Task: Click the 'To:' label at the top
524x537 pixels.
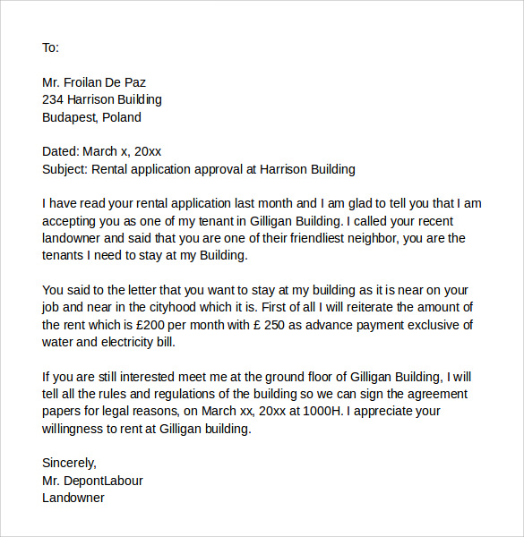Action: [x=50, y=47]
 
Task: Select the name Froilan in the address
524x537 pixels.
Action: [x=90, y=82]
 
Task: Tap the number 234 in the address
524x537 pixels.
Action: [x=54, y=99]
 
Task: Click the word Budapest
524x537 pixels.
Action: [x=70, y=117]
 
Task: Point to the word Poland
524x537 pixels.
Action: [x=122, y=117]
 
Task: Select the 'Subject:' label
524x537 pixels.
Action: [x=65, y=169]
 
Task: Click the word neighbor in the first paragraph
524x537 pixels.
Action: [x=370, y=238]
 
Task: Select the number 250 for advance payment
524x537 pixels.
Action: [x=273, y=325]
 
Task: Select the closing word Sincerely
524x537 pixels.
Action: [x=69, y=464]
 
